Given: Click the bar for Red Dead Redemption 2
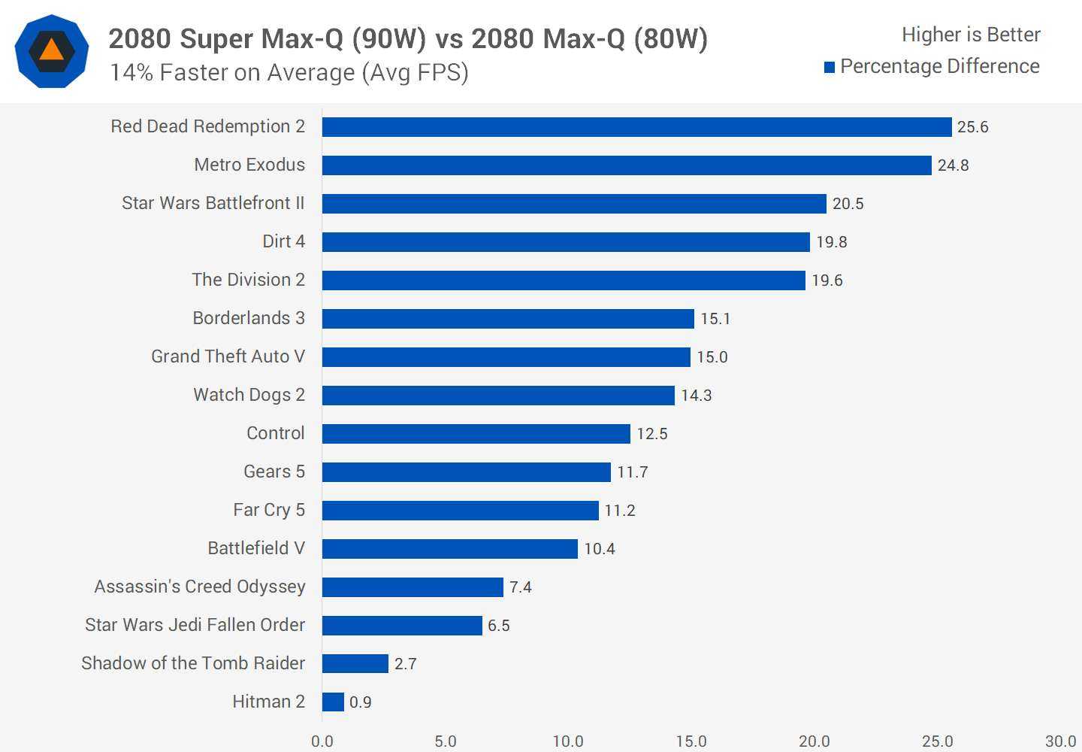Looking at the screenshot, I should click(x=636, y=127).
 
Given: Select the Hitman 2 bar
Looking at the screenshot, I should click(x=333, y=702).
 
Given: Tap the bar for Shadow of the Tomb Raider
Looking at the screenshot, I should click(x=355, y=663).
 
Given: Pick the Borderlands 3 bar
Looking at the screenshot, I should click(x=508, y=319).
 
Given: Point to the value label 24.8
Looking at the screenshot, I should click(x=953, y=165).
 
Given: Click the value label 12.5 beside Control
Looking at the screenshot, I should click(x=651, y=434).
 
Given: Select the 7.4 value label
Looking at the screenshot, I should click(x=520, y=587).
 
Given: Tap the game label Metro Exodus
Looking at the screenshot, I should click(x=249, y=165).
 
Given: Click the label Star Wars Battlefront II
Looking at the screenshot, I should click(x=213, y=203).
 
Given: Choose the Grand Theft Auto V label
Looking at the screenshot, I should click(x=228, y=356).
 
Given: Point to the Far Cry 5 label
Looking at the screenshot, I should click(x=269, y=510).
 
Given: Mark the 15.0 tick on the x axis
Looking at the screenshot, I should click(x=691, y=741).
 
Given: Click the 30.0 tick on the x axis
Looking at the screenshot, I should click(x=1060, y=741).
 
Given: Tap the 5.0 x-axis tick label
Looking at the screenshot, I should click(x=445, y=741).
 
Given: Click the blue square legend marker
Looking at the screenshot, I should click(x=830, y=68).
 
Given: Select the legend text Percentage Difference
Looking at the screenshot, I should click(x=939, y=67).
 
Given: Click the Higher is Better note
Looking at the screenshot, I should click(x=971, y=35).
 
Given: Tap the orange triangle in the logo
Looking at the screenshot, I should click(x=51, y=50).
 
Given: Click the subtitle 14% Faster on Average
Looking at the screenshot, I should click(x=289, y=72).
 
